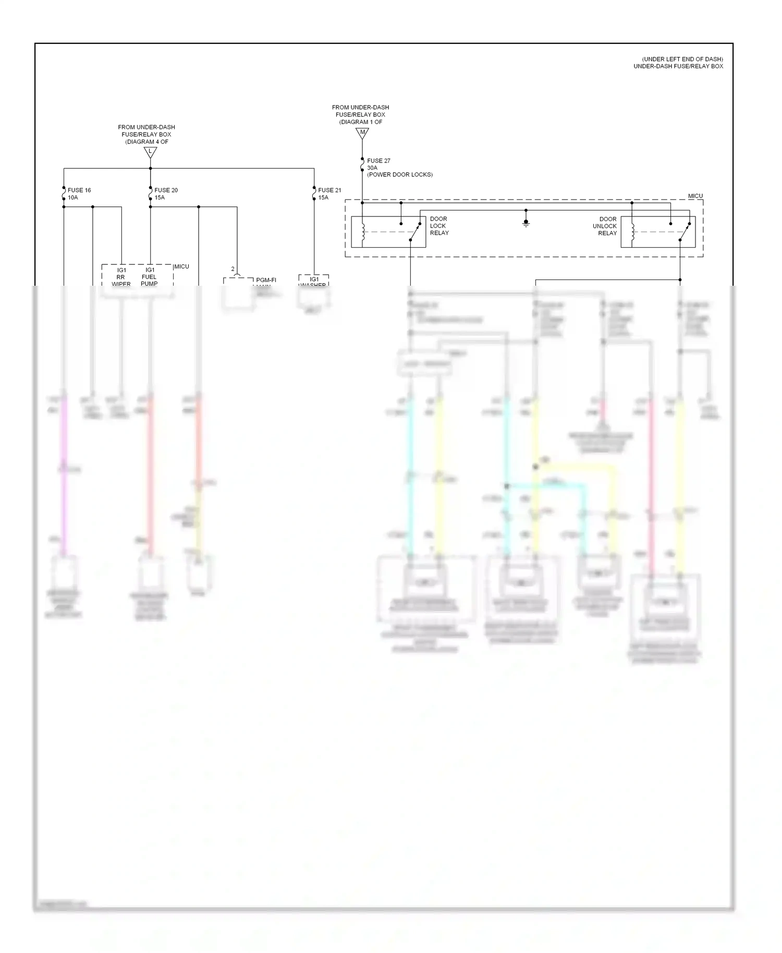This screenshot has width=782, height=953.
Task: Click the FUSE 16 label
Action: (x=79, y=190)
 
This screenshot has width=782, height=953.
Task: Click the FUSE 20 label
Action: (x=166, y=190)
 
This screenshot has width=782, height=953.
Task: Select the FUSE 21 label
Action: (x=329, y=190)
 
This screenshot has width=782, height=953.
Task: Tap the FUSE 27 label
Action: (x=378, y=161)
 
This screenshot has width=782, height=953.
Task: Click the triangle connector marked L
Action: (x=150, y=152)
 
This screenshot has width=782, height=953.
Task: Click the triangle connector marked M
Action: (x=362, y=133)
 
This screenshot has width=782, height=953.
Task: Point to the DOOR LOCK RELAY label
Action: (x=439, y=226)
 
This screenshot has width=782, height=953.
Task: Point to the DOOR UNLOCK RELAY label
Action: (x=605, y=226)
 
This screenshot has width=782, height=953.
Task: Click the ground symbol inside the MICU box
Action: (x=526, y=223)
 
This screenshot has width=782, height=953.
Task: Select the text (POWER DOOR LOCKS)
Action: (x=400, y=175)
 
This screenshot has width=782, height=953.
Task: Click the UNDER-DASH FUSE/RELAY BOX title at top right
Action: (x=678, y=66)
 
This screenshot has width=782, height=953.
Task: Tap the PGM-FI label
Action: (x=266, y=280)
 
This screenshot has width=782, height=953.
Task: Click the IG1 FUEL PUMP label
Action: (x=150, y=277)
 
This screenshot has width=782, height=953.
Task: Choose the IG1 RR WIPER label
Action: (x=121, y=277)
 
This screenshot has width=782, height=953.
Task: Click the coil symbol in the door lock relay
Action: (x=363, y=232)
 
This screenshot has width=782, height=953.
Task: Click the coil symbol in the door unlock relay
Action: (x=633, y=232)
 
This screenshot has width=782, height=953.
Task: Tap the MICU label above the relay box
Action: (x=695, y=196)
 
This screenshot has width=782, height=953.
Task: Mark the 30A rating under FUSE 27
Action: (x=372, y=168)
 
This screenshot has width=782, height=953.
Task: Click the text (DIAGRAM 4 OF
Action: (x=146, y=142)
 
